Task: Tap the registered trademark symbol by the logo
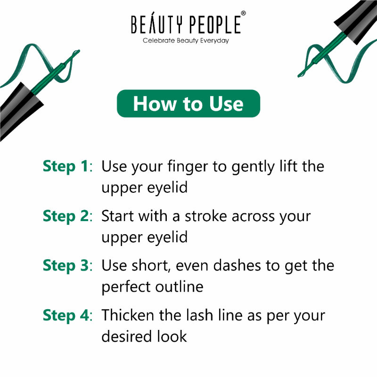tap(243, 13)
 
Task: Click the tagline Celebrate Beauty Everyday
tap(186, 41)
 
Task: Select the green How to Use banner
tap(188, 103)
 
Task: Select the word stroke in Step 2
tap(206, 216)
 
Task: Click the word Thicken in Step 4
tap(128, 315)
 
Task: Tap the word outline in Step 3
tap(180, 287)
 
